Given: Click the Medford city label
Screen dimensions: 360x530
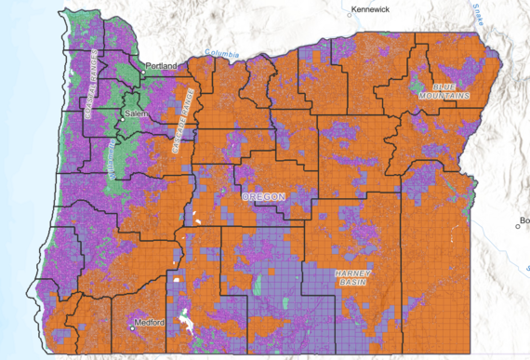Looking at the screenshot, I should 151,322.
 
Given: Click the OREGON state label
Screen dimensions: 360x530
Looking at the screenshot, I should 264,197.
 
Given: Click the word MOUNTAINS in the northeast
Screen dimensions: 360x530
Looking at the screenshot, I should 444,95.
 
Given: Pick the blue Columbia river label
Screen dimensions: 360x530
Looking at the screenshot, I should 222,53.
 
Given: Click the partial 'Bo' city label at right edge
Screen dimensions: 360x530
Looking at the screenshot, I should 524,220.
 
